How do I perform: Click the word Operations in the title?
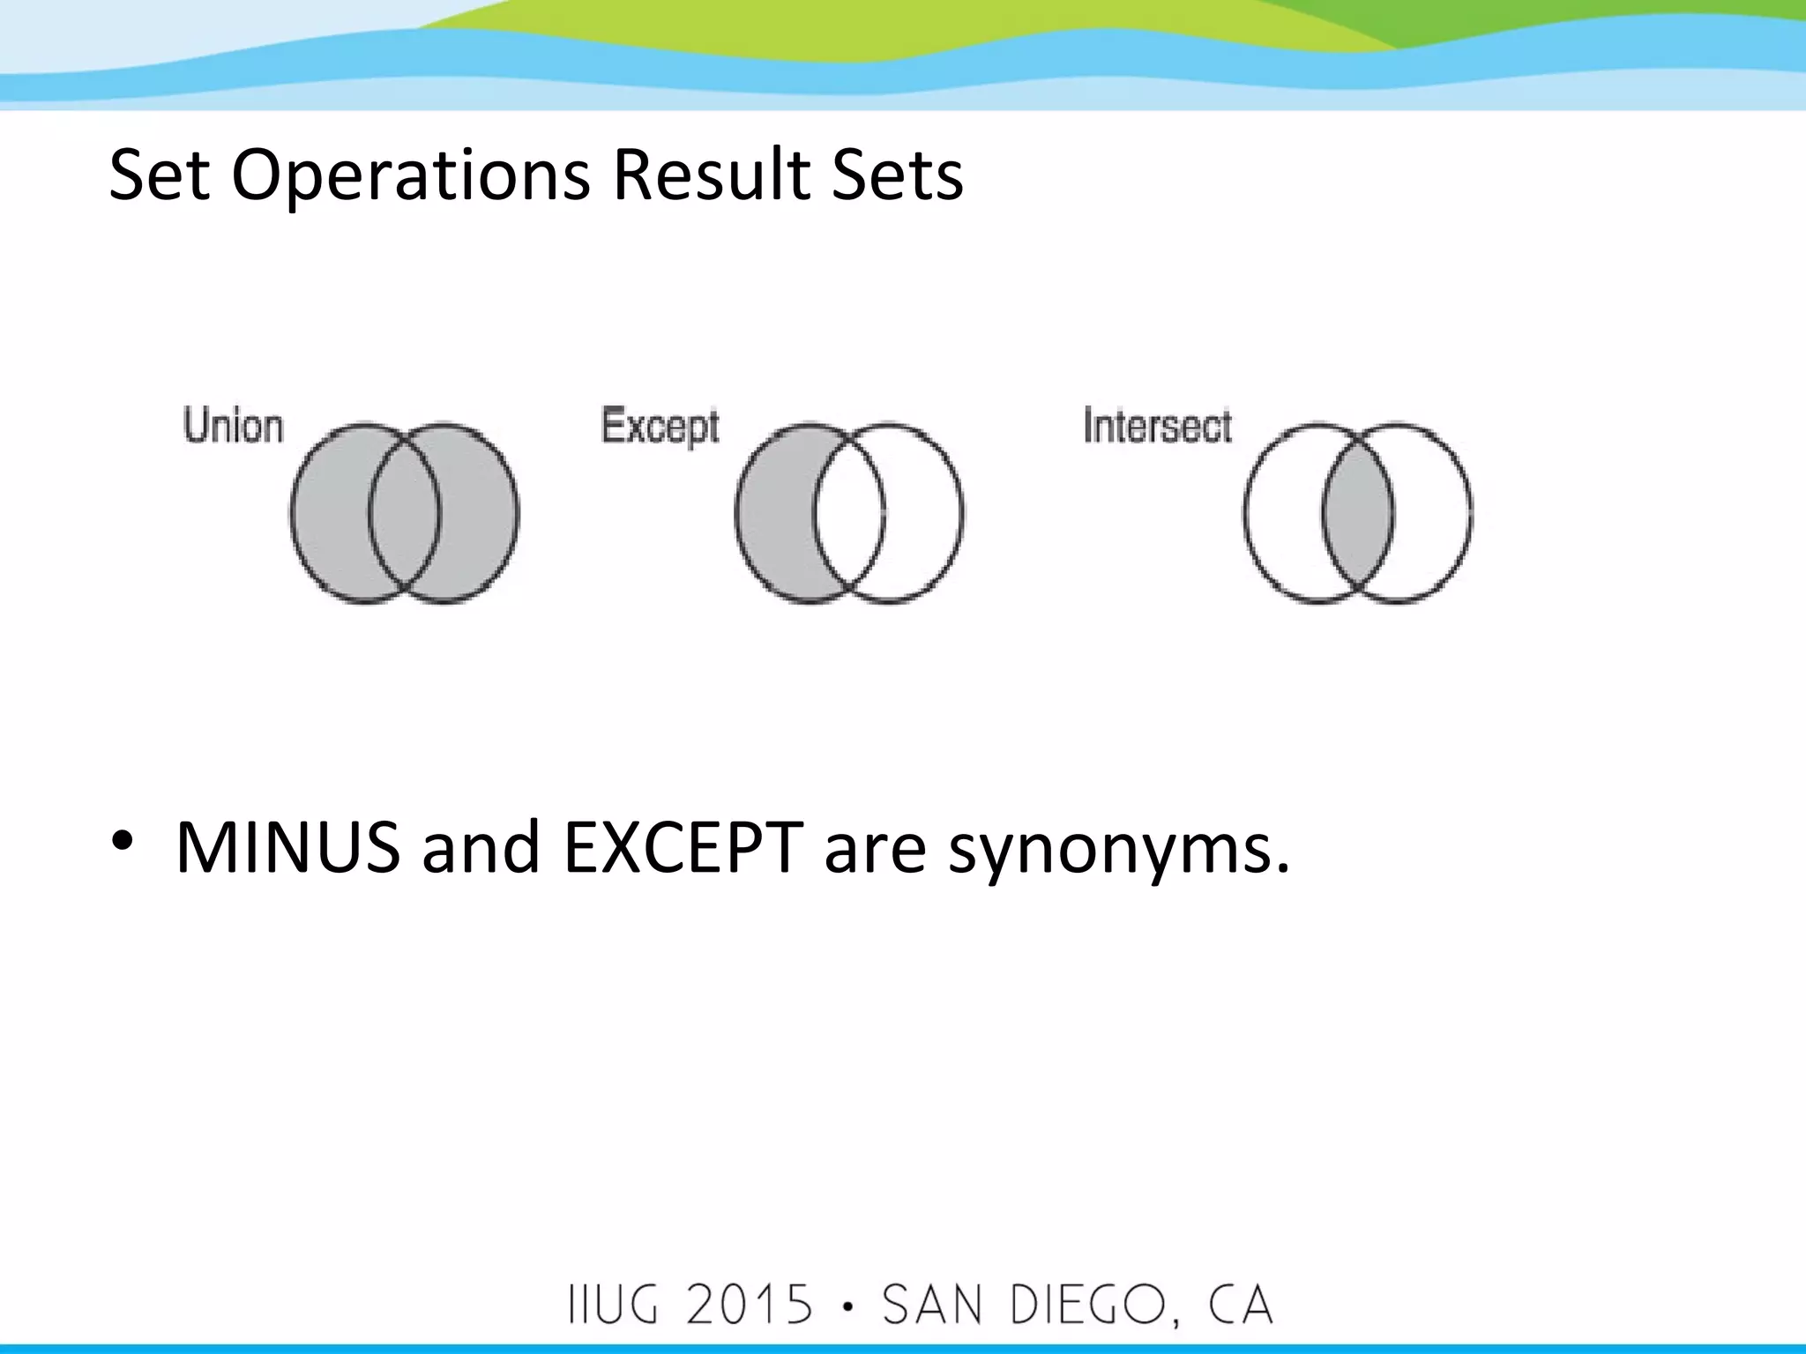point(410,175)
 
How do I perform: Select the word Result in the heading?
point(710,175)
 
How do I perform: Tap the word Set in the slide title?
point(159,175)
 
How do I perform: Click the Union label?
point(234,427)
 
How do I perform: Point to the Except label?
point(660,428)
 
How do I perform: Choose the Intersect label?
point(1157,427)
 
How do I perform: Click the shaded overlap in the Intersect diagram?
point(1358,514)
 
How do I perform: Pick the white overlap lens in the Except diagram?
point(848,514)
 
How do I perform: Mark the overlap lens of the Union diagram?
point(404,514)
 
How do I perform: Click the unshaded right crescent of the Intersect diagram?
point(1433,514)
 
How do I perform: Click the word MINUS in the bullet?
point(287,848)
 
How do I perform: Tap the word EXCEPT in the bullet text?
point(683,848)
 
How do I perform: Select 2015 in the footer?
point(750,1305)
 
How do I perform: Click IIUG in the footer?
point(614,1305)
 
